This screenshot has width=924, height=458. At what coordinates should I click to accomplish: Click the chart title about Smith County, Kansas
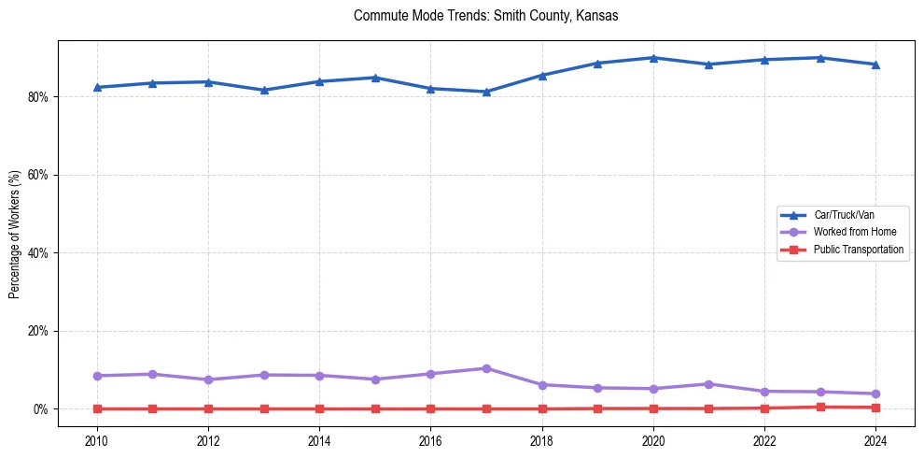[485, 16]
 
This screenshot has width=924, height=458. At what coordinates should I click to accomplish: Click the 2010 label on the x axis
[97, 439]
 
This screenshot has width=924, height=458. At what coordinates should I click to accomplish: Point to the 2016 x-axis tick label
[430, 439]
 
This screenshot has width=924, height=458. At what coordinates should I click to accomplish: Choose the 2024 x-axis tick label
[875, 439]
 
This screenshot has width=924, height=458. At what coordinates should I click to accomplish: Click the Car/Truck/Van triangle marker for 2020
[653, 58]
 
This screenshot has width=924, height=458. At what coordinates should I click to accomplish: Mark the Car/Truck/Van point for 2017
[486, 92]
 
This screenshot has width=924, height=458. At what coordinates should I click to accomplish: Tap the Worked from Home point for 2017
[486, 368]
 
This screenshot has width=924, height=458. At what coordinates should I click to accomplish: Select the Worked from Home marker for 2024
[875, 394]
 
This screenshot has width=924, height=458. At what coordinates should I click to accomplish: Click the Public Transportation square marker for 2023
[820, 407]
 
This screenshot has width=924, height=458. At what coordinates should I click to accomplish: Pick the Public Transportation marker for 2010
[97, 408]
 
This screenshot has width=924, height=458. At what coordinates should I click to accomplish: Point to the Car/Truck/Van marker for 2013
[264, 90]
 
